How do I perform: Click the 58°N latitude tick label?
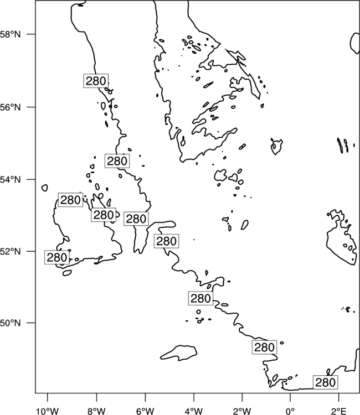point(10,34)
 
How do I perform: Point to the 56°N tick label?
point(10,107)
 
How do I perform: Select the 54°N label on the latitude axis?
point(10,179)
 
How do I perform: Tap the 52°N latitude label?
point(10,251)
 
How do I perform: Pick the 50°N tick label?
point(10,323)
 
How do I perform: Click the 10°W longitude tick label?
point(47,411)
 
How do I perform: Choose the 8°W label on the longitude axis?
point(96,411)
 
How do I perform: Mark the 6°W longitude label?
point(145,411)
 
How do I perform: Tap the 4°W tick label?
point(193,411)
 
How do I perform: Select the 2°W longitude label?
point(242,411)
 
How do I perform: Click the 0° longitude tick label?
point(290,411)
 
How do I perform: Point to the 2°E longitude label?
point(338,411)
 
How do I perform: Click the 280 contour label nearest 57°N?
point(96,81)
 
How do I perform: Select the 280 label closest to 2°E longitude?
point(326,382)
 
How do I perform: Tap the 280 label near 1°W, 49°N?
point(264,347)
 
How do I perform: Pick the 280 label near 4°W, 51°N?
point(200,298)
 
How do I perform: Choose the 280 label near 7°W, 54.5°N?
point(117,160)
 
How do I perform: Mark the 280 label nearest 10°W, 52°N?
point(56,257)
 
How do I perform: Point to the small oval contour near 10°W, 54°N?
point(44,188)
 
